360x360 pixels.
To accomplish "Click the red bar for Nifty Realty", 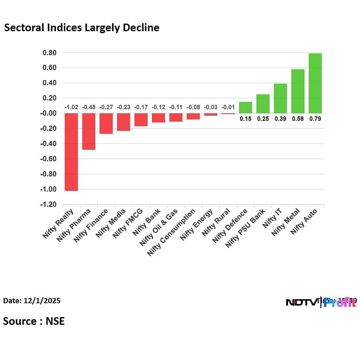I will point(71,152).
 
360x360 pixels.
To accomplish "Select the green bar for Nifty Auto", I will point(315,83).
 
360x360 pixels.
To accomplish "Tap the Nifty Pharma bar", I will point(88,132).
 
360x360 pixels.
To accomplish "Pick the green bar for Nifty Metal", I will point(298,91).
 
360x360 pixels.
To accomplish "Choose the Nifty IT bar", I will point(280,98).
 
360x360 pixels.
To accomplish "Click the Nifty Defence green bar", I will point(245,108).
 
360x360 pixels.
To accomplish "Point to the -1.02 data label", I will point(71,107).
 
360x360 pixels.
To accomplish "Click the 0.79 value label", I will point(315,119).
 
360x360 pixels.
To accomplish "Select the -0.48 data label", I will point(88,107).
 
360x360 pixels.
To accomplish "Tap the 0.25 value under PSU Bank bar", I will point(263,119).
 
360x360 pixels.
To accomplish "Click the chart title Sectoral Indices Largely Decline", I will point(82,28).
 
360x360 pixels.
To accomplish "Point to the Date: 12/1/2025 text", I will point(32,300).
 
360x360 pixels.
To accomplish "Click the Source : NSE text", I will point(34,321).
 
